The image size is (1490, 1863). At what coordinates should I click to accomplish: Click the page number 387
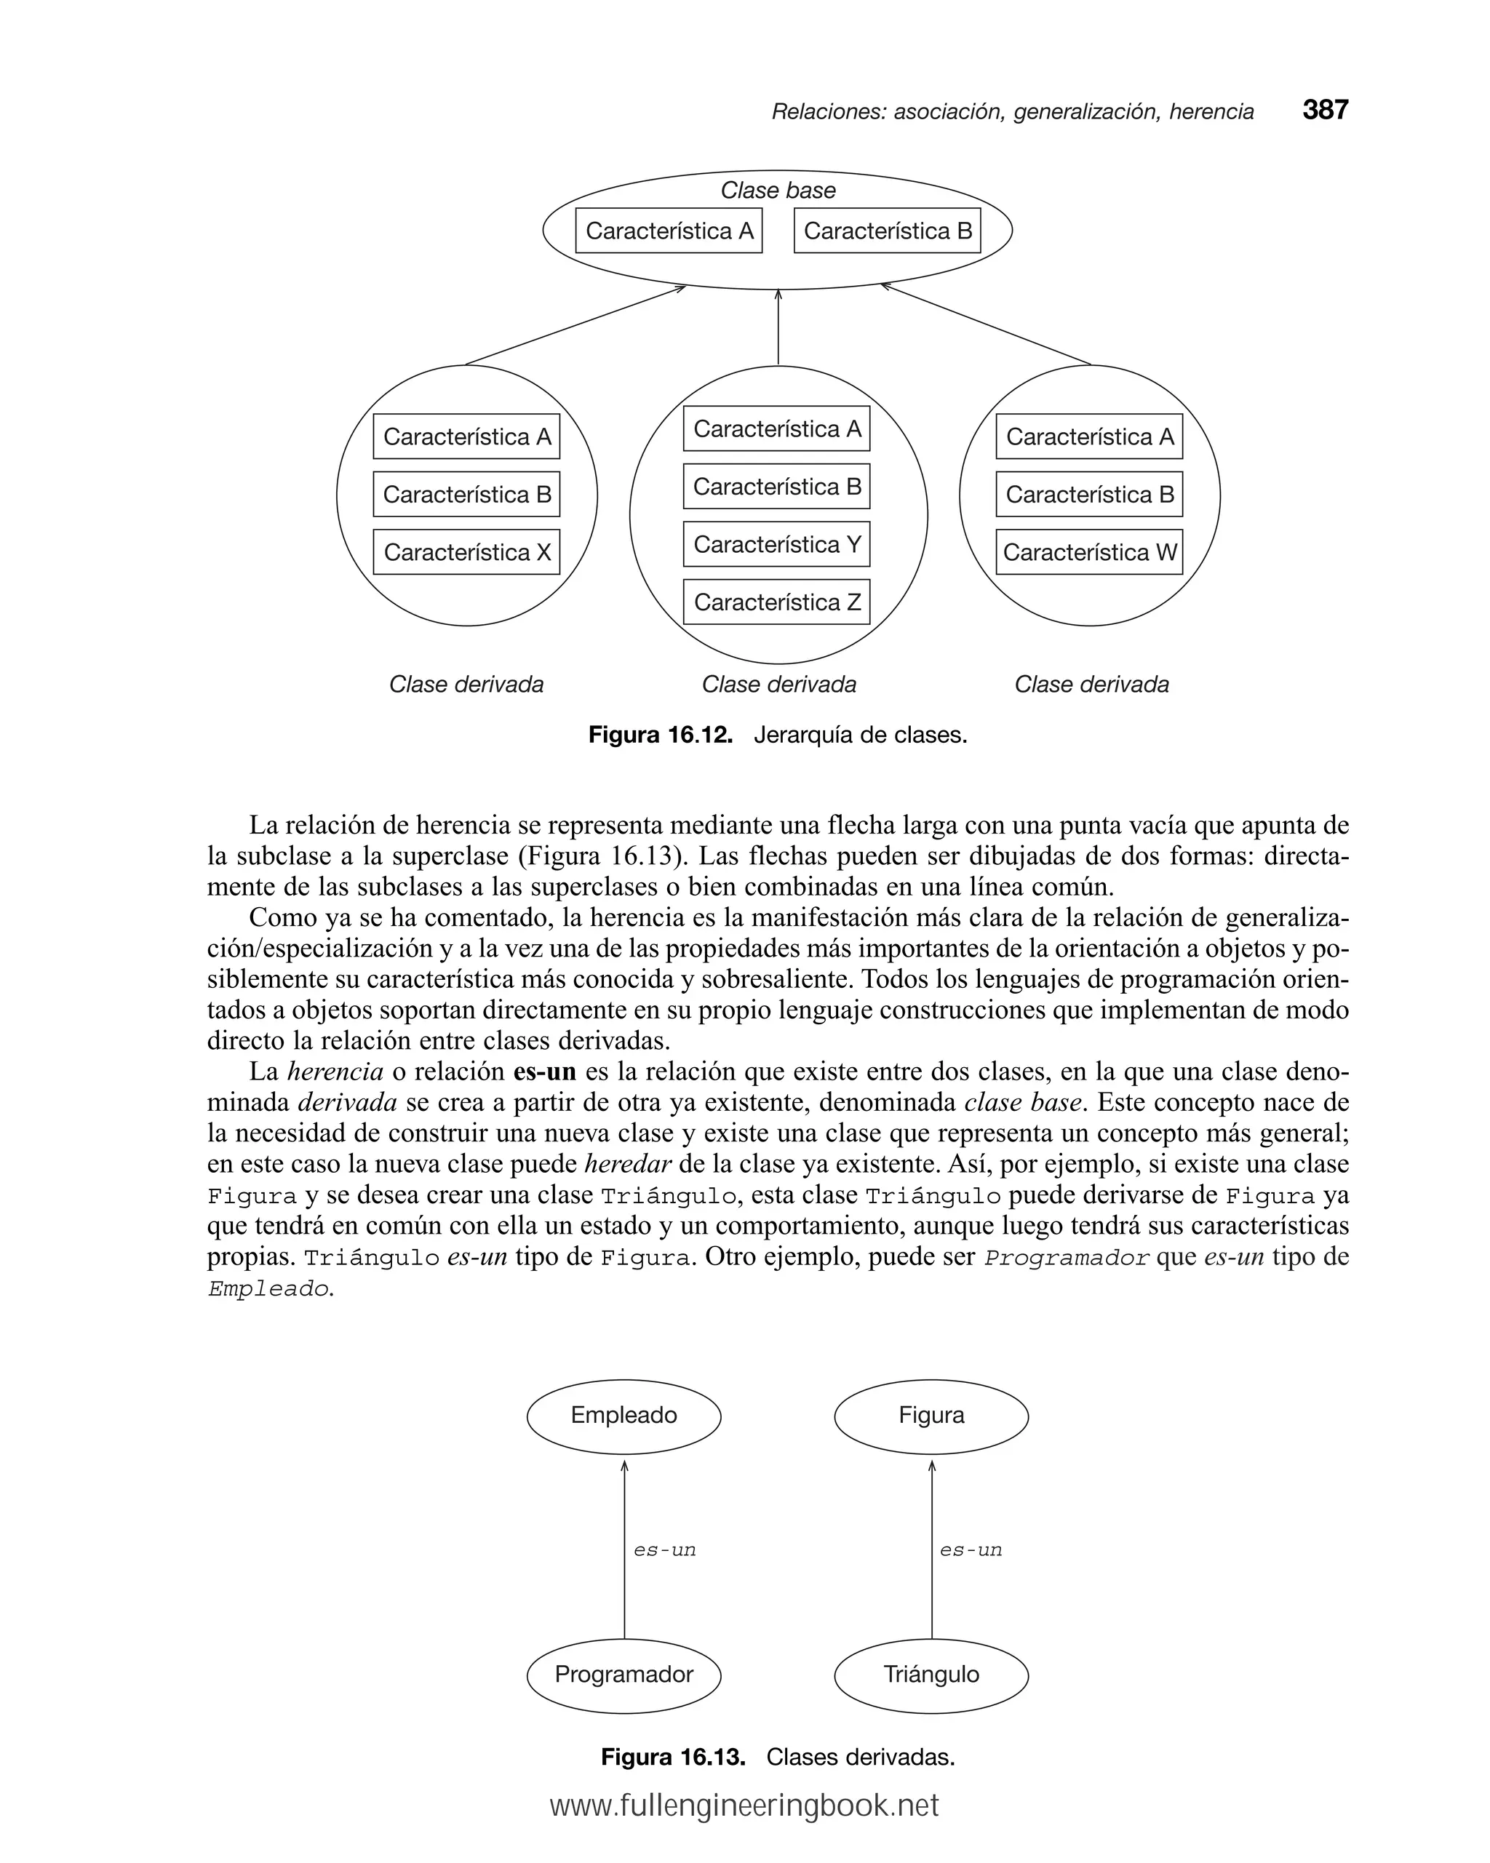coord(1325,110)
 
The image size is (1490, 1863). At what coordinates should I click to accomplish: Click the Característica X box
coord(466,552)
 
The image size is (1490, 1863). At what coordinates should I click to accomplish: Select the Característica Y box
coord(776,544)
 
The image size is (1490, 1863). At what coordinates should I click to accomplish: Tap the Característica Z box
coord(776,602)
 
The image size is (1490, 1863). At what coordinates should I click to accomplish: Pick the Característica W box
coord(1089,552)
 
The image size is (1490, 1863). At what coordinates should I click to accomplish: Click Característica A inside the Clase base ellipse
coord(669,231)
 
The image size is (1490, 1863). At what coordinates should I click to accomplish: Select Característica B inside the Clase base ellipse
coord(887,231)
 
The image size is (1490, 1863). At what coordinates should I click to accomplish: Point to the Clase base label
coord(778,190)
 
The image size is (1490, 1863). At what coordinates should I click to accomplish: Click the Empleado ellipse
coord(624,1416)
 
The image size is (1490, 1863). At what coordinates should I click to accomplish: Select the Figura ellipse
coord(931,1416)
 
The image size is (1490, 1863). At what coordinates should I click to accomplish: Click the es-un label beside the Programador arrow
coord(665,1550)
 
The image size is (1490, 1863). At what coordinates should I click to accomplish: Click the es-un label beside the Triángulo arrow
coord(971,1550)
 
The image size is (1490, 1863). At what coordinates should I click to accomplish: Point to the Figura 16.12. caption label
coord(661,735)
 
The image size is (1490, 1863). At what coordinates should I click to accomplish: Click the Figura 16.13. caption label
coord(672,1758)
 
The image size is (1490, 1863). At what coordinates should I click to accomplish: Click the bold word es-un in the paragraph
coord(544,1072)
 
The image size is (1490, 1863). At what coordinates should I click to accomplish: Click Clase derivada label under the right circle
coord(1091,685)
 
